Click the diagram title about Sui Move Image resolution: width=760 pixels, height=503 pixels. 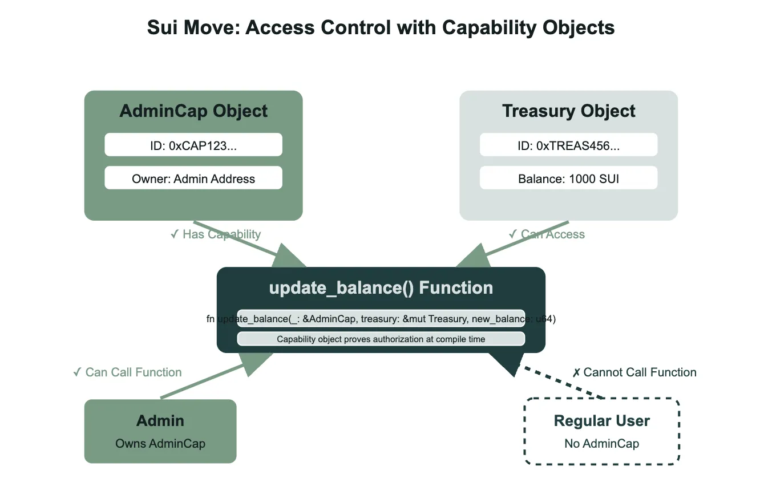tap(381, 28)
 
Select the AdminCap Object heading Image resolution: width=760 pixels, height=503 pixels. tap(193, 111)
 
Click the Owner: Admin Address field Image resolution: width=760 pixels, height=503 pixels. tap(193, 179)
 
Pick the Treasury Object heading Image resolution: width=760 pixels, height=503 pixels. tap(568, 111)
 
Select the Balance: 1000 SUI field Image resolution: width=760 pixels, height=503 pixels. tap(568, 179)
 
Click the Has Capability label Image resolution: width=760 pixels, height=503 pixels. tap(216, 234)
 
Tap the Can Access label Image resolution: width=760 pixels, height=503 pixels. tap(547, 234)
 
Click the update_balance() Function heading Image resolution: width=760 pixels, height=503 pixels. tap(381, 288)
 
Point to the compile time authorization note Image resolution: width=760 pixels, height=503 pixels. tap(381, 339)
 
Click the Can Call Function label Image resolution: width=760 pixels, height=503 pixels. tap(127, 372)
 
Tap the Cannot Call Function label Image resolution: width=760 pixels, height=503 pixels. tap(634, 372)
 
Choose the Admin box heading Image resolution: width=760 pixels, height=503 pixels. tap(160, 421)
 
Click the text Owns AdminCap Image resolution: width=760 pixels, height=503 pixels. tap(160, 443)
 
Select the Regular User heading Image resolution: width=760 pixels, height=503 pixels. tap(602, 421)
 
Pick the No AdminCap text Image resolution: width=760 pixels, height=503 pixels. tap(602, 443)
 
